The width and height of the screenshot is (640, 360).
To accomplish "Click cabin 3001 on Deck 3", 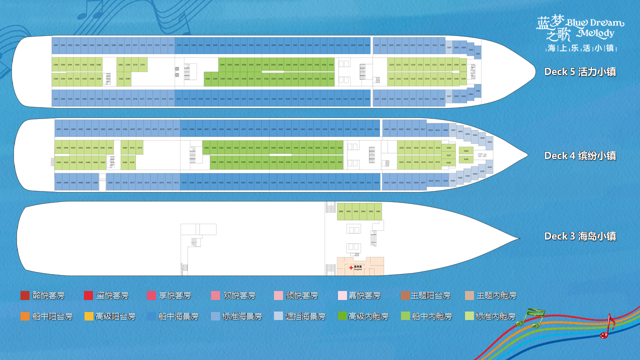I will (378, 212).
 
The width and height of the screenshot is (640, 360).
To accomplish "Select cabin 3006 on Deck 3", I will (341, 212).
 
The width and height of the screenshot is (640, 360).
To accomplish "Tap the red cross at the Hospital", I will (351, 267).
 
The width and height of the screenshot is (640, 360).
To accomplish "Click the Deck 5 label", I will (580, 72).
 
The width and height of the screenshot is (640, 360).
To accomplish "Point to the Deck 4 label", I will (580, 156).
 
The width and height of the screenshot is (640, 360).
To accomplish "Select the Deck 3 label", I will (580, 236).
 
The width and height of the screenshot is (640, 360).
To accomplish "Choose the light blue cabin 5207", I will (449, 47).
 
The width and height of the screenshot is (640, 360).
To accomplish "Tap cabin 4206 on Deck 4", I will (466, 151).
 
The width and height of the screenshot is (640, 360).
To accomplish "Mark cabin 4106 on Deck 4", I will (466, 159).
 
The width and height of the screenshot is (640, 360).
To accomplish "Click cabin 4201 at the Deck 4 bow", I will (490, 142).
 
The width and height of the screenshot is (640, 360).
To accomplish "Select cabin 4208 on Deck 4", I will (448, 148).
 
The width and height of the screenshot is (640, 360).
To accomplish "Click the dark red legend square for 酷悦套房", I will (25, 295).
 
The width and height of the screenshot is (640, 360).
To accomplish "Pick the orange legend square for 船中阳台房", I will (25, 316).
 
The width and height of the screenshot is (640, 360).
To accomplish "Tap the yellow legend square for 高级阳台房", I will (88, 316).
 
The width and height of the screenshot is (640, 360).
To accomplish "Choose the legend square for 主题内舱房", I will (469, 295).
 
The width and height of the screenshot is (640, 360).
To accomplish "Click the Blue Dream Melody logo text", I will (580, 28).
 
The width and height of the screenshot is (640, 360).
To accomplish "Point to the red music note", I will (606, 327).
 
